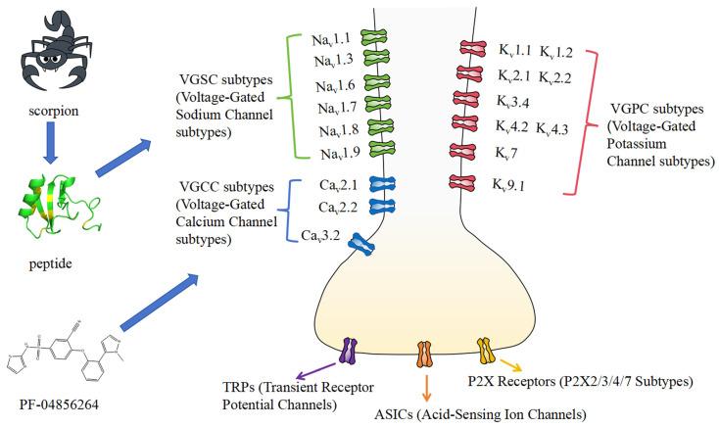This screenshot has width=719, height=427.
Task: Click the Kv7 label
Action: coord(518,151)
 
